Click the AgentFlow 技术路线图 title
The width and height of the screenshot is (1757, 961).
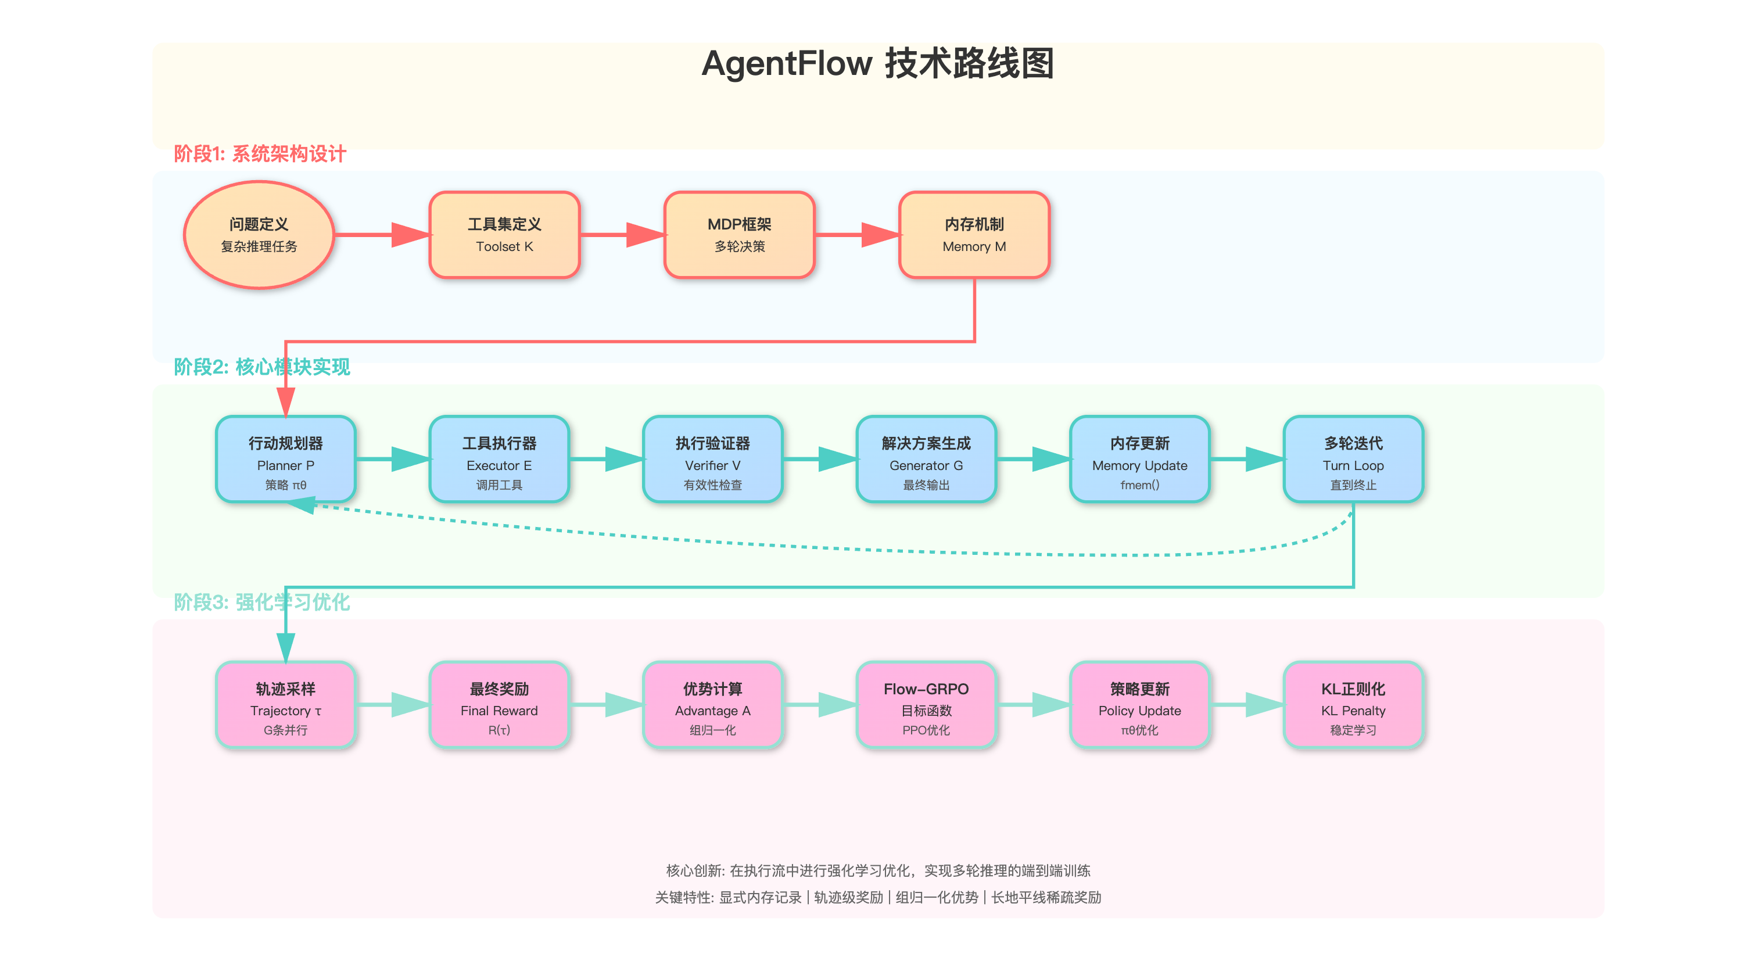coord(878,63)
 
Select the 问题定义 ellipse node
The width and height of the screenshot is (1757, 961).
coord(259,235)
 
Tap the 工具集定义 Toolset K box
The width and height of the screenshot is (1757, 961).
coord(504,235)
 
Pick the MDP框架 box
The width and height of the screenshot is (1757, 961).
coord(740,235)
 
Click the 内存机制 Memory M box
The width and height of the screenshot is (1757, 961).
coord(974,235)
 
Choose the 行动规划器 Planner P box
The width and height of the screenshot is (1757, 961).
coord(285,459)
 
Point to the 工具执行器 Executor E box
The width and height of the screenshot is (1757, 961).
coord(499,459)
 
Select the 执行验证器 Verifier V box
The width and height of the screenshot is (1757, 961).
coord(712,459)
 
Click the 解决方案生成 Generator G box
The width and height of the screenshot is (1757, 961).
coord(926,459)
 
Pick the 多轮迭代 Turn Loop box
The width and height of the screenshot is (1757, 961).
coord(1353,459)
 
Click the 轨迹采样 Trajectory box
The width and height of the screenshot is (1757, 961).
coord(285,705)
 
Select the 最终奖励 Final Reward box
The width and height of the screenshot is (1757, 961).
coord(499,705)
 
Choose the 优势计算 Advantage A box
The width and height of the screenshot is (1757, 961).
coord(712,705)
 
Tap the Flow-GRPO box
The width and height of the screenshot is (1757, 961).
coord(926,705)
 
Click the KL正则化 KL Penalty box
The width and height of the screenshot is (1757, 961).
coord(1353,705)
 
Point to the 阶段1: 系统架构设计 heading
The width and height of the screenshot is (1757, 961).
coord(259,153)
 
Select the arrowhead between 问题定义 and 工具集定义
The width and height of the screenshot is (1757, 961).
coord(411,235)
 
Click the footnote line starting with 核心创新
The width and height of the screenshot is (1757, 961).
coord(878,870)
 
